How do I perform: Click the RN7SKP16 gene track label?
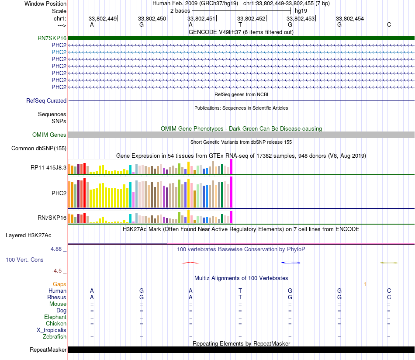click(x=52, y=38)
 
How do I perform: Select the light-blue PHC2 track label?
click(x=59, y=52)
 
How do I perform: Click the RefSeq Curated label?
click(x=46, y=100)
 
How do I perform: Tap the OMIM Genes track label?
click(x=49, y=135)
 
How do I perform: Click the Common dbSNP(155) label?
click(x=39, y=149)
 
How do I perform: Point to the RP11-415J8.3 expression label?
click(x=48, y=167)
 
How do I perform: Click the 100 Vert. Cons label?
click(x=24, y=260)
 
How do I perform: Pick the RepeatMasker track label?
click(x=48, y=350)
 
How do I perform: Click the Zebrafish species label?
click(x=55, y=337)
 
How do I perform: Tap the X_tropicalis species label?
click(x=51, y=330)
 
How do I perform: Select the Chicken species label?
click(x=56, y=324)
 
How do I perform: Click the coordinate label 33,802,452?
click(x=251, y=19)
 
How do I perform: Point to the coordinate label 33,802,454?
click(x=350, y=19)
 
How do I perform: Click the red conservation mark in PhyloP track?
click(x=190, y=263)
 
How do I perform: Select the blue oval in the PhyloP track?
click(x=291, y=263)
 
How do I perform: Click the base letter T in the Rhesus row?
click(x=240, y=297)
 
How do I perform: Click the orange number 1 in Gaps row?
click(x=365, y=284)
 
